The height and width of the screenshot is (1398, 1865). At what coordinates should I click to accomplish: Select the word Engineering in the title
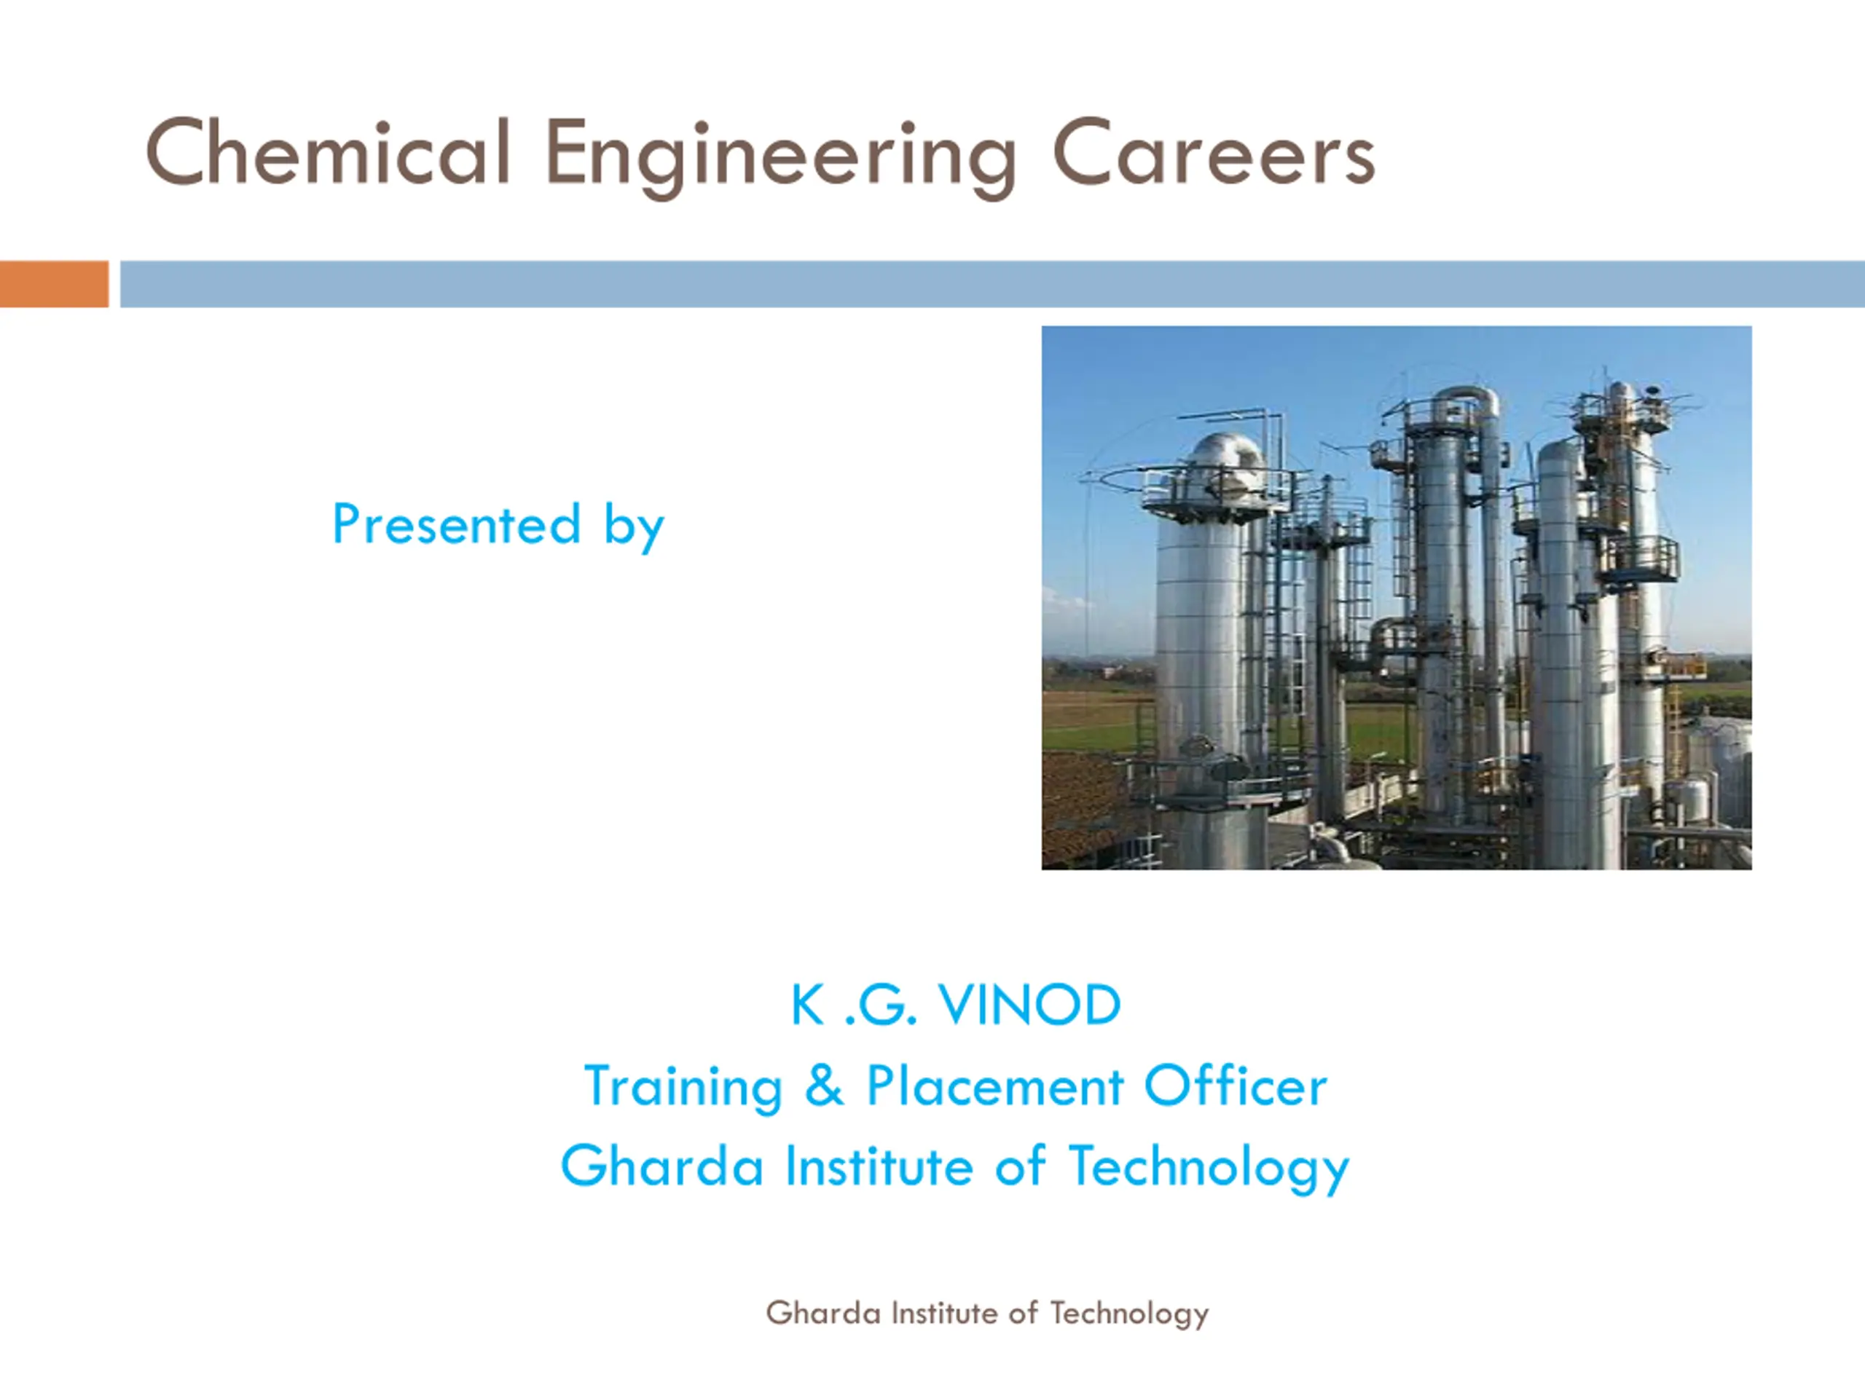[782, 159]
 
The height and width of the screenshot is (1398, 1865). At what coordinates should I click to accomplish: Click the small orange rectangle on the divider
[54, 284]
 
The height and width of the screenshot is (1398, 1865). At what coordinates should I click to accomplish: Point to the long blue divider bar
[992, 284]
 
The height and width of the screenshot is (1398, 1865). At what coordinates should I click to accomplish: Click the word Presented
[456, 524]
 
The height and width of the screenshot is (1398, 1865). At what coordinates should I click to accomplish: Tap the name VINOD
[1030, 1006]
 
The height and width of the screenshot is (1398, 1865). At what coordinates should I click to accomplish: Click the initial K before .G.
[807, 1006]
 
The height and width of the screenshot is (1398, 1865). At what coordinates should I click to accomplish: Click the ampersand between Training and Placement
[824, 1086]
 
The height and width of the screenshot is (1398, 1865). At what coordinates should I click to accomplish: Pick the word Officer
[1235, 1086]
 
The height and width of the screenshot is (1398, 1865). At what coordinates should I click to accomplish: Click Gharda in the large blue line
[661, 1166]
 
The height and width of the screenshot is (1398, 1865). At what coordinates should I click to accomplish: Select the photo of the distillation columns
[1397, 598]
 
